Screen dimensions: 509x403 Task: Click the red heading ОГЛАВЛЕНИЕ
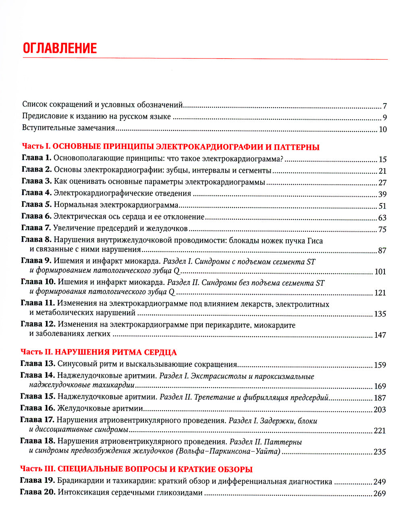pyautogui.click(x=60, y=48)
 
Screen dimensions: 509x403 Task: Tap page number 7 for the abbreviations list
pyautogui.click(x=384, y=106)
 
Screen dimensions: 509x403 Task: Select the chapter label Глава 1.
pyautogui.click(x=36, y=158)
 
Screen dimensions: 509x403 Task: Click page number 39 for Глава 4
pyautogui.click(x=382, y=194)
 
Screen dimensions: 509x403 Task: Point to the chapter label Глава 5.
pyautogui.click(x=36, y=205)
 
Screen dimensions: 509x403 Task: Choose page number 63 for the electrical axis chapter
pyautogui.click(x=382, y=218)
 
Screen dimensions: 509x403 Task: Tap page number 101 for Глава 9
pyautogui.click(x=380, y=272)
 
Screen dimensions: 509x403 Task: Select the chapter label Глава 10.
pyautogui.click(x=38, y=282)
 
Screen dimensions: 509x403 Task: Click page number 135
pyautogui.click(x=380, y=314)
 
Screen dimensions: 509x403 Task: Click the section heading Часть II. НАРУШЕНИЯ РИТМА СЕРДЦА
pyautogui.click(x=98, y=352)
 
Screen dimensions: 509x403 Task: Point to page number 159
pyautogui.click(x=380, y=366)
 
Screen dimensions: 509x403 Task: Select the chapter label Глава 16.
pyautogui.click(x=37, y=409)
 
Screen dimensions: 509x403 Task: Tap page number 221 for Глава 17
pyautogui.click(x=380, y=431)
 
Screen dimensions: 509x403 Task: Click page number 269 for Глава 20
pyautogui.click(x=380, y=494)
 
